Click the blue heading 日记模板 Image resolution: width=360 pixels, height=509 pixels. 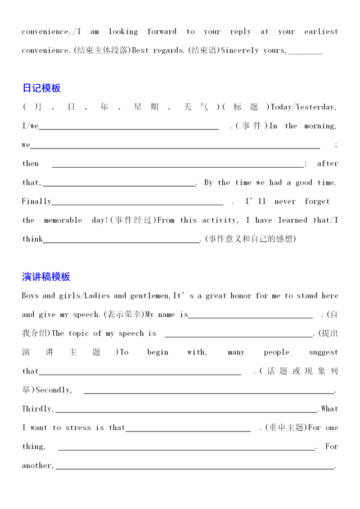(x=41, y=88)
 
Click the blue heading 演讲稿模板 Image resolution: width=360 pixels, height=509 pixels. (x=46, y=277)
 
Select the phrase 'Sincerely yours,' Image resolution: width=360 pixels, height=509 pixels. (x=254, y=51)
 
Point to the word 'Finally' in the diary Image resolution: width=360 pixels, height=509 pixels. (x=37, y=201)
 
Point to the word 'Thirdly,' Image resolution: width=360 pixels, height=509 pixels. (x=38, y=409)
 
